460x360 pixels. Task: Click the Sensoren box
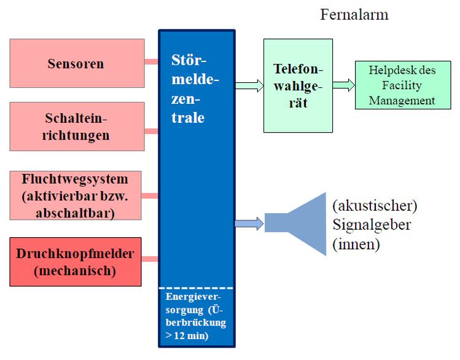[77, 63]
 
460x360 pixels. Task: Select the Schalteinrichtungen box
[77, 127]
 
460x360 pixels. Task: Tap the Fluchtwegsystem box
[76, 195]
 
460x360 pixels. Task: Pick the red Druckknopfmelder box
[76, 262]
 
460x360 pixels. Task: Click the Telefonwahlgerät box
[298, 85]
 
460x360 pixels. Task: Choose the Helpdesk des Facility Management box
[403, 85]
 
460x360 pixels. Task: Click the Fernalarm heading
[354, 14]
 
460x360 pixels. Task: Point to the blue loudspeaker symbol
[295, 224]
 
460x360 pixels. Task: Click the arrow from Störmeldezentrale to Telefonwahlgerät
[249, 85]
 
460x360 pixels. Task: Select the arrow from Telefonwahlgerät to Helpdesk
[344, 85]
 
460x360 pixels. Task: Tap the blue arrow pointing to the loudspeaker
[249, 224]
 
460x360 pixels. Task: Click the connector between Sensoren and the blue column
[151, 61]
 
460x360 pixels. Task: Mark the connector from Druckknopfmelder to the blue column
[150, 259]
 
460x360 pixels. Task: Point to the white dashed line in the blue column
[197, 288]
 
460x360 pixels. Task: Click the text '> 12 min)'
[187, 335]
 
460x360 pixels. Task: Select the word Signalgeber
[372, 225]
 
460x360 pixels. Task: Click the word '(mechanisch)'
[75, 270]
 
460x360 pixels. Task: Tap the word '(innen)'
[356, 244]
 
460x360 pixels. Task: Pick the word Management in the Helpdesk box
[402, 100]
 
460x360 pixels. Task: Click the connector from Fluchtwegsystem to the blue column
[150, 196]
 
